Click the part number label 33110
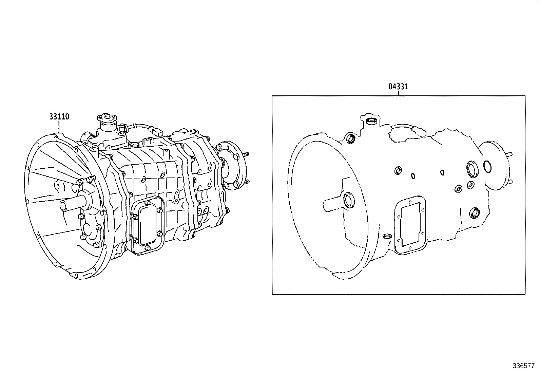[59, 116]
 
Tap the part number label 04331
[398, 87]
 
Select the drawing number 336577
[523, 366]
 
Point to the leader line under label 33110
[59, 127]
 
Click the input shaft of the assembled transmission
[72, 204]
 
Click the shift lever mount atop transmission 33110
[108, 118]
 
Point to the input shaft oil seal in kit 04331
[349, 200]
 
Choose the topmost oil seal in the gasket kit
[372, 121]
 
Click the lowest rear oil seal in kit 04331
[474, 212]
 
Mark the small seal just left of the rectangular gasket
[387, 236]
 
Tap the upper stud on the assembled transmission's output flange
[246, 154]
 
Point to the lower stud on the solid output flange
[246, 182]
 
